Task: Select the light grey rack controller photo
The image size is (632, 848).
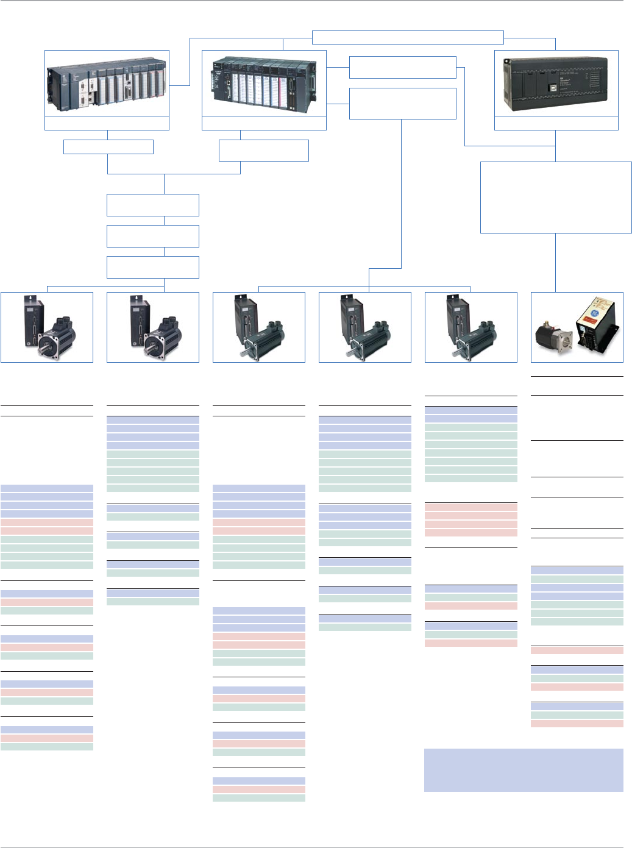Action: click(107, 84)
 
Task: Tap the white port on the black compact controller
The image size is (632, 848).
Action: click(556, 87)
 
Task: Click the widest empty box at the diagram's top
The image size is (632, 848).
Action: click(408, 37)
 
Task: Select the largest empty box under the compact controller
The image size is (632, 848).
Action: click(556, 197)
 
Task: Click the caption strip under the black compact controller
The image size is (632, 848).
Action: click(556, 123)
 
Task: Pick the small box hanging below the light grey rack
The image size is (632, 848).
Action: click(108, 147)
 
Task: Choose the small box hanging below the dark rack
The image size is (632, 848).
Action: click(263, 151)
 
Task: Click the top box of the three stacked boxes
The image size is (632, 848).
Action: click(152, 205)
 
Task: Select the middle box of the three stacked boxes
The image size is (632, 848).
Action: click(152, 236)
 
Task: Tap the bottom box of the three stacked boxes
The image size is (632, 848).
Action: click(152, 267)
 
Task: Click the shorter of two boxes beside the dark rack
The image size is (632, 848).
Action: click(402, 67)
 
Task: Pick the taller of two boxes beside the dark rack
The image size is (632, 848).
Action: click(402, 104)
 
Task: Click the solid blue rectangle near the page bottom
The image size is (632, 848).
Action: click(524, 770)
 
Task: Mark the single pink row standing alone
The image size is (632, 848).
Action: click(577, 650)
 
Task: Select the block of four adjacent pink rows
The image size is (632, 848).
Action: click(470, 519)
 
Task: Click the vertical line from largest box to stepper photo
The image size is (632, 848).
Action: click(556, 262)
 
